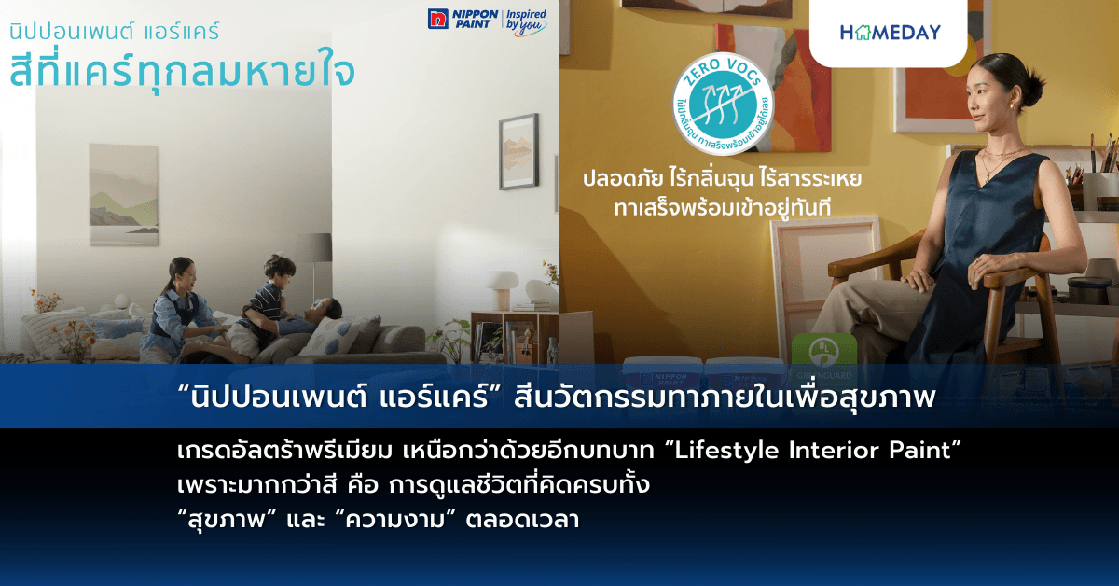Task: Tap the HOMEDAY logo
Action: click(890, 32)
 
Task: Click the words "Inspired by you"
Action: click(525, 21)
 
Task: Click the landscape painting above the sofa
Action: click(123, 193)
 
